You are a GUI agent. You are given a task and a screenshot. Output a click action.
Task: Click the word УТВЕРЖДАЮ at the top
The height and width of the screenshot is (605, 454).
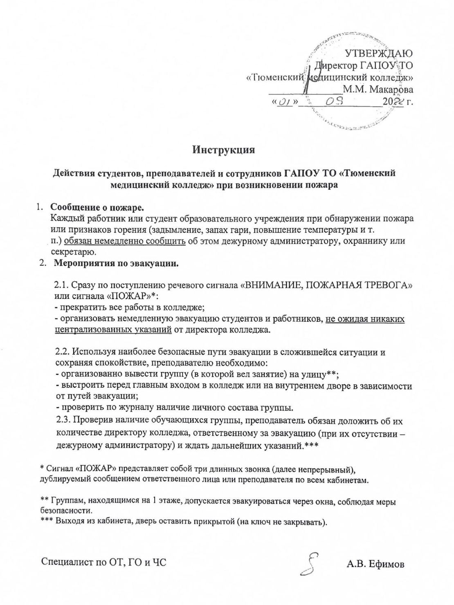click(379, 53)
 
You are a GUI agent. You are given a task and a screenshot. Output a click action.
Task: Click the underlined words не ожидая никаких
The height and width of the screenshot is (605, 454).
click(365, 318)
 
